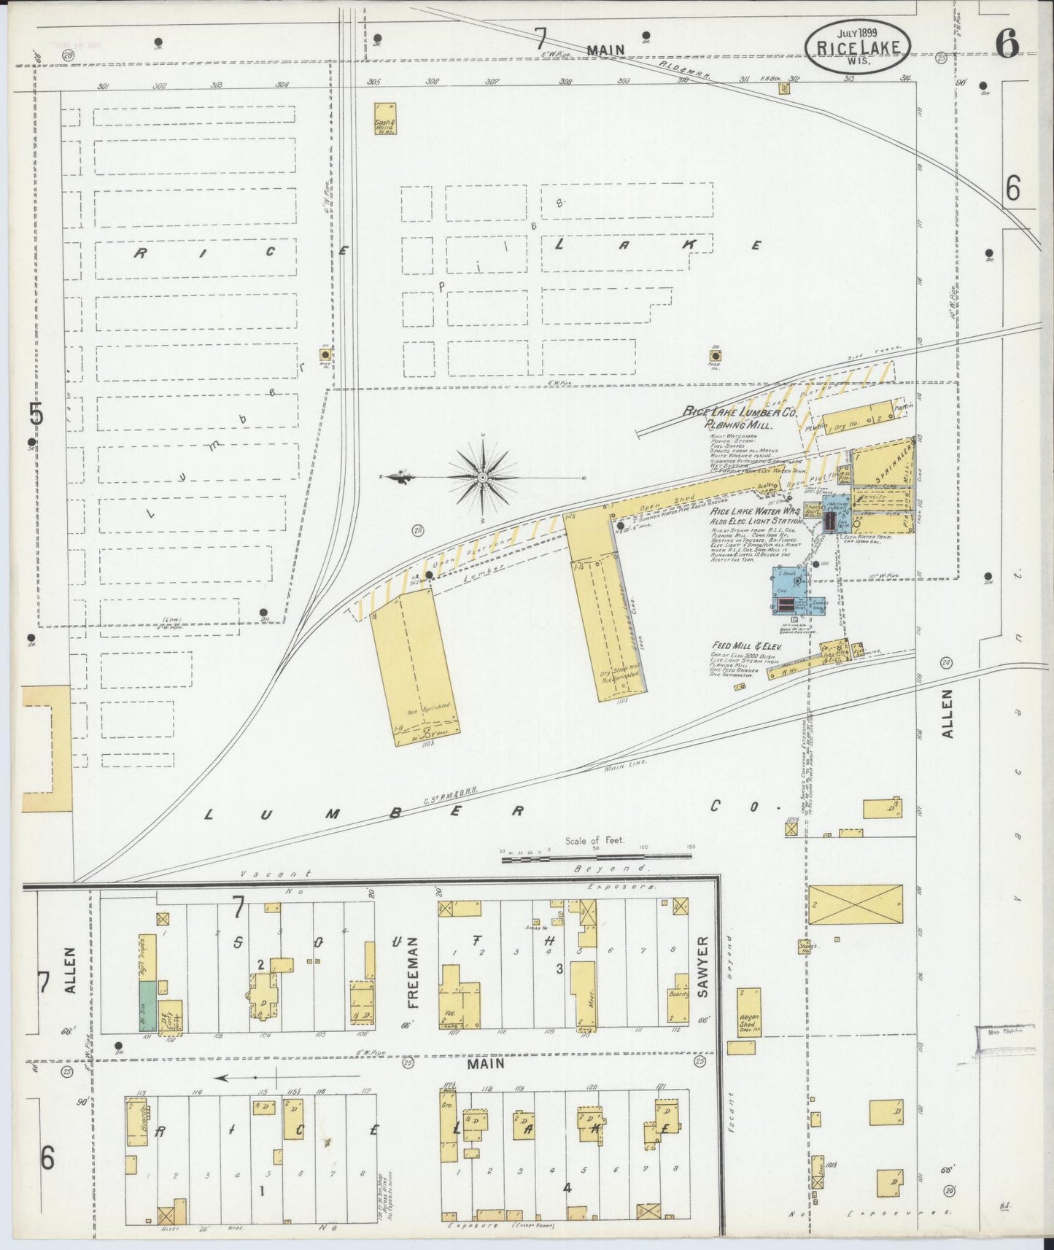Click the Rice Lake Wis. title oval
click(857, 46)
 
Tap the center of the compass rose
click(482, 477)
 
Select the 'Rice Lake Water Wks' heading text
click(755, 512)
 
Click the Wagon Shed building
click(748, 1012)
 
